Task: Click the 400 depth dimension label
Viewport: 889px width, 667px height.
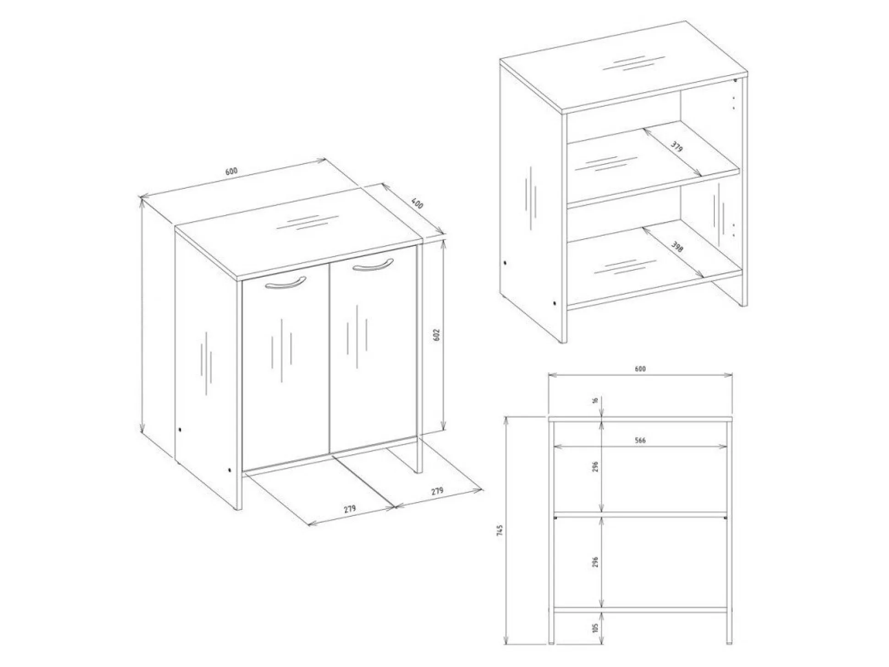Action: (417, 203)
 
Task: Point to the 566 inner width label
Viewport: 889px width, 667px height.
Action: (640, 440)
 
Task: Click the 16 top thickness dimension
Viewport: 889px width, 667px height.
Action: (595, 400)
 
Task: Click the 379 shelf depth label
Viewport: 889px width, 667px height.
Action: (676, 147)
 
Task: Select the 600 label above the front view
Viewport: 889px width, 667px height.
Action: (640, 369)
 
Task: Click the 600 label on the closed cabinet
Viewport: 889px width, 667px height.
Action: (231, 171)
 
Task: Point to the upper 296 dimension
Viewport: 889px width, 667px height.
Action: (595, 466)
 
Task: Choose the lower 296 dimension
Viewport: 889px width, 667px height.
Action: (595, 562)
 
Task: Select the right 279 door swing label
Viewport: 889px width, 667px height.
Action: (437, 491)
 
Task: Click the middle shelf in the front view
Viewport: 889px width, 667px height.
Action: (640, 515)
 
